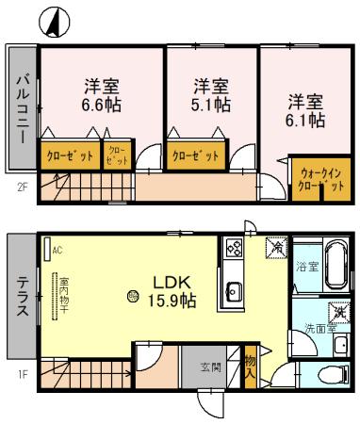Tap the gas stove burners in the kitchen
[x=233, y=250]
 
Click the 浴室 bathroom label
[x=306, y=267]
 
